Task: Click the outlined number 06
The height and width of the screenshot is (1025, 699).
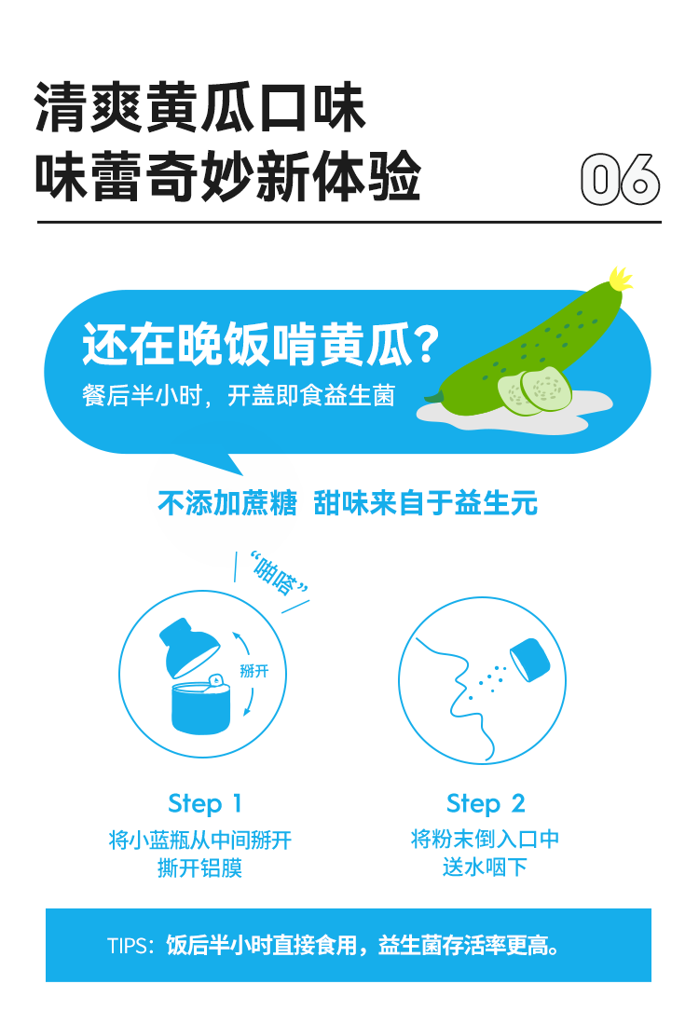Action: (x=620, y=179)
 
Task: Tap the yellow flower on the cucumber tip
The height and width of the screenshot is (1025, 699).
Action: (x=620, y=279)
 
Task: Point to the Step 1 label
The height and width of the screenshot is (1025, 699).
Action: (x=205, y=804)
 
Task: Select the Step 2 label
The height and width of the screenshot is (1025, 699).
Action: (x=486, y=804)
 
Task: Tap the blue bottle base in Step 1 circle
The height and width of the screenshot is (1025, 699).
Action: (x=200, y=706)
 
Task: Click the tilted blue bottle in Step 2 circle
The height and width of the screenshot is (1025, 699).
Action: (x=529, y=659)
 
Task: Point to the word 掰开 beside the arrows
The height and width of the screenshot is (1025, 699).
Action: (x=254, y=671)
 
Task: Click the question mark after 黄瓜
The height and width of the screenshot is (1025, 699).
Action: (x=427, y=345)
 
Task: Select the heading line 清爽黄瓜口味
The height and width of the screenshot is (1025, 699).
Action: (x=199, y=108)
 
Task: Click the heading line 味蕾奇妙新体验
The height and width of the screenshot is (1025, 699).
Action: (x=227, y=176)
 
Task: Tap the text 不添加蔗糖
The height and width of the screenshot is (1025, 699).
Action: (x=226, y=503)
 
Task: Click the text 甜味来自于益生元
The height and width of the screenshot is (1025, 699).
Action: (x=425, y=503)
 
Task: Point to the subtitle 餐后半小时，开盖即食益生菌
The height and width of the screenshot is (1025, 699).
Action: (x=239, y=395)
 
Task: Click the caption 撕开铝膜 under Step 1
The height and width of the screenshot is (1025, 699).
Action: (x=200, y=868)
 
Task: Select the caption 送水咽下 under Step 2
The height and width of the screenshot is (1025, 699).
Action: (x=485, y=868)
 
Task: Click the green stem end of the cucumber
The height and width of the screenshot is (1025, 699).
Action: (x=432, y=396)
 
